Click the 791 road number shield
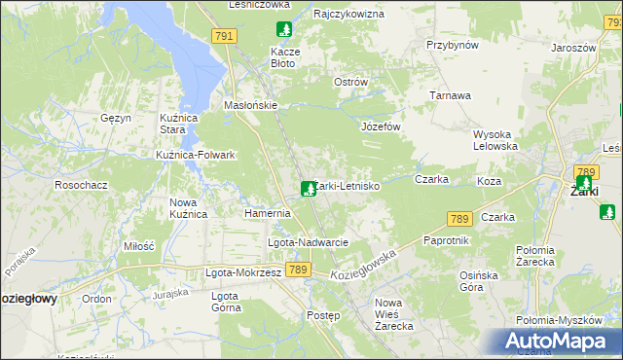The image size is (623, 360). point(224,36)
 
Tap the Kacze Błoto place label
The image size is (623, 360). point(283,56)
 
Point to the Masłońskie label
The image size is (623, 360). point(251,105)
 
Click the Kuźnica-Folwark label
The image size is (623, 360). point(196,155)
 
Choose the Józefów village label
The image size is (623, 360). point(382,127)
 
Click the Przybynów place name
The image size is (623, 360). point(453,45)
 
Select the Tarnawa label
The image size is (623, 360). point(452,95)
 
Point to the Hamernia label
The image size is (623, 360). point(267,213)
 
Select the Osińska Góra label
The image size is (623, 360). point(484,281)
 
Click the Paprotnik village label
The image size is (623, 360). point(447,240)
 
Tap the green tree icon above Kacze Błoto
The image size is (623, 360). point(283,30)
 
